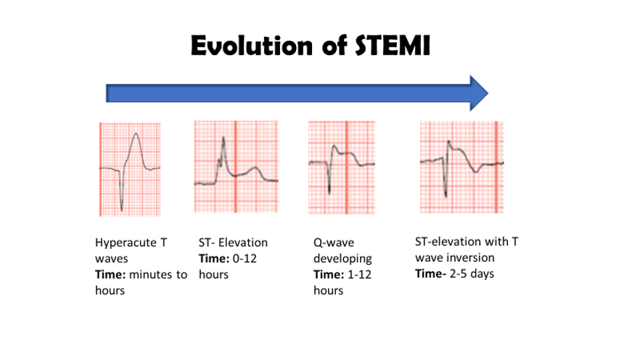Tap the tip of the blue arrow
pos(488,92)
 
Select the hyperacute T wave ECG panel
pos(128,168)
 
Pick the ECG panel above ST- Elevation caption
pos(237,166)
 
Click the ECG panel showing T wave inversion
pos(461,165)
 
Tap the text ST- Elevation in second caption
pos(233,242)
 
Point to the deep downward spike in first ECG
pos(121,209)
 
